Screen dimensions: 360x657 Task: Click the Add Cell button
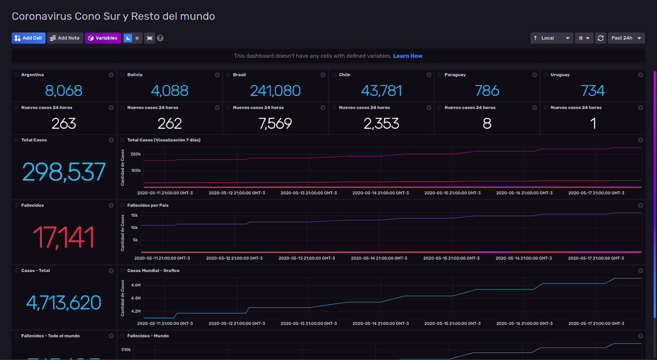click(28, 38)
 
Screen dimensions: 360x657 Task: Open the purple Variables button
click(103, 38)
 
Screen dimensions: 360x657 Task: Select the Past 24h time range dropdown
click(626, 38)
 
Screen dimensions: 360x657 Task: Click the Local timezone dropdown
click(551, 38)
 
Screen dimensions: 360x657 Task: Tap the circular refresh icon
click(600, 38)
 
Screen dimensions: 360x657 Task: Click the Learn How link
click(407, 56)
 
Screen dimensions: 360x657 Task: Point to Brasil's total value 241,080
click(275, 91)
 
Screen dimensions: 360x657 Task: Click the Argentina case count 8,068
click(64, 91)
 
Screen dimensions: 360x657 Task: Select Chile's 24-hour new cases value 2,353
click(381, 124)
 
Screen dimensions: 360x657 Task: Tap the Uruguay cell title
click(560, 75)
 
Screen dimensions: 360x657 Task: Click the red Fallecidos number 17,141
click(64, 237)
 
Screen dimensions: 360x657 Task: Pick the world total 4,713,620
click(64, 303)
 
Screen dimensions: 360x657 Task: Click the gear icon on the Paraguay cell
click(534, 75)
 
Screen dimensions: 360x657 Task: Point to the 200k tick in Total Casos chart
click(136, 154)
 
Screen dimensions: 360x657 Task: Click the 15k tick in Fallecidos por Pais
click(134, 216)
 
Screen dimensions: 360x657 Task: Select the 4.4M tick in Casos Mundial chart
click(136, 298)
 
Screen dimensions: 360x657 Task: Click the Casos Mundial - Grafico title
click(153, 271)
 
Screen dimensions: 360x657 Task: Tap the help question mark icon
click(160, 38)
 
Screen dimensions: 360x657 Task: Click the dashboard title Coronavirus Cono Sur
click(113, 16)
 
